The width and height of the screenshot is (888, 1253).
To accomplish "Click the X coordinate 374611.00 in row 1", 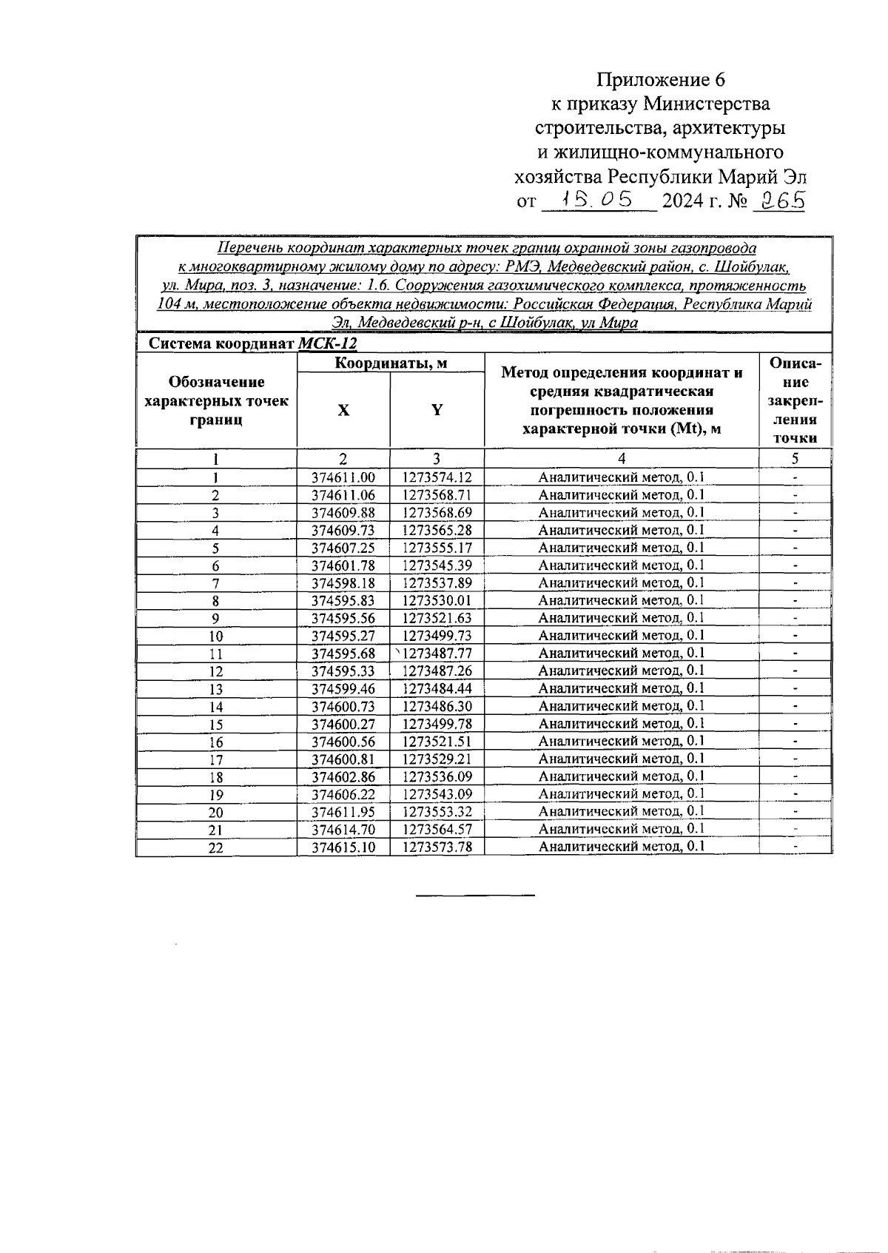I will (343, 478).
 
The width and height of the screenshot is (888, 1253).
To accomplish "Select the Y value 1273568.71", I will (437, 495).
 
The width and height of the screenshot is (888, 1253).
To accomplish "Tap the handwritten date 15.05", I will (598, 199).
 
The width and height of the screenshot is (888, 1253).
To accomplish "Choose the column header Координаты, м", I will (391, 363).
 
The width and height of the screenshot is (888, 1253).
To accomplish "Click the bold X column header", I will (343, 410).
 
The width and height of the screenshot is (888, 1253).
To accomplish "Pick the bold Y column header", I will (437, 410).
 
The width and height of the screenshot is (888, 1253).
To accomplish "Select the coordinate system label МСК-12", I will (328, 343).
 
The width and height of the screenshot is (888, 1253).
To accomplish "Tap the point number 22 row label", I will (215, 848).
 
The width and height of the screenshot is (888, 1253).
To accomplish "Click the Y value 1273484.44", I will (437, 688).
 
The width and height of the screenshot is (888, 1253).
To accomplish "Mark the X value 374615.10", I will (343, 847).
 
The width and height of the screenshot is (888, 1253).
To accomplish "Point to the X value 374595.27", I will (343, 636).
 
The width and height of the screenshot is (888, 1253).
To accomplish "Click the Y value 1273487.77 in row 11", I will (437, 654).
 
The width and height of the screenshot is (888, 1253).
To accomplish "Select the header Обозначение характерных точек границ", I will (216, 401).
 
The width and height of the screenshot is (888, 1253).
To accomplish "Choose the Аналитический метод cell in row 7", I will (622, 582).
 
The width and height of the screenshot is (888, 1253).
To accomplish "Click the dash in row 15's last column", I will (795, 724).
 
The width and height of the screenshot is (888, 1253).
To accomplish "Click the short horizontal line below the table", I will (475, 896).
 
